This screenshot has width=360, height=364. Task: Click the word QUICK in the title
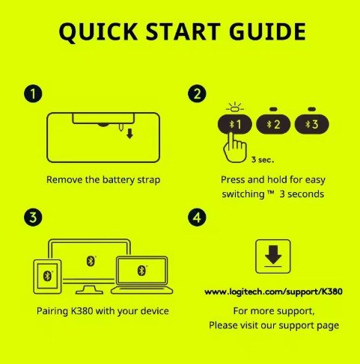[x=98, y=32]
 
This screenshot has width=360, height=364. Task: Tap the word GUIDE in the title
[x=267, y=31]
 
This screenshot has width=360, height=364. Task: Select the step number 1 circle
[x=33, y=94]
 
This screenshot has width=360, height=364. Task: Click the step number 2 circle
[x=197, y=94]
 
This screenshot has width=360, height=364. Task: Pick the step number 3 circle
[x=33, y=217]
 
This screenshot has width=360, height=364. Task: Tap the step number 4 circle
[x=197, y=217]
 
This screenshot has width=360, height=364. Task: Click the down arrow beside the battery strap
[x=129, y=134]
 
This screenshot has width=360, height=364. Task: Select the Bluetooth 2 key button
[x=273, y=124]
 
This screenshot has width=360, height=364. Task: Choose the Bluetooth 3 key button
[x=311, y=124]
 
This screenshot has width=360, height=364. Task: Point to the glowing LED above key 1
[x=235, y=108]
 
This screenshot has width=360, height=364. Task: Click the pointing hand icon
[x=235, y=147]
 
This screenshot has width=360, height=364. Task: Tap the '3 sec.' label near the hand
[x=263, y=160]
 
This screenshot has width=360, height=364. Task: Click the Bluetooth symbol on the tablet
[x=47, y=276]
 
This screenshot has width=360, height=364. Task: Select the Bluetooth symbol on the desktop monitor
[x=91, y=261]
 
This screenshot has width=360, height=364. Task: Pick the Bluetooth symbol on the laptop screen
[x=141, y=271]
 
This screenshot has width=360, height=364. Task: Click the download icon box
[x=273, y=256]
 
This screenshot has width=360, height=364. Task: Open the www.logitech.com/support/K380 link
[x=273, y=291]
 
